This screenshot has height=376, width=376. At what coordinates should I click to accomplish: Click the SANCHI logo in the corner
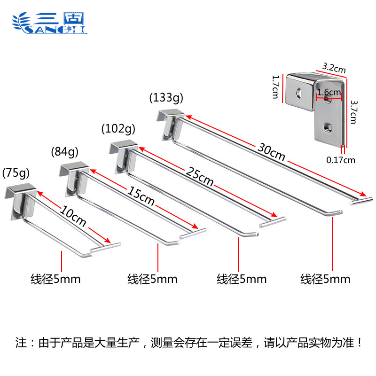[49, 23]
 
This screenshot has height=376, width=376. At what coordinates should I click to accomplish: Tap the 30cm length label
[271, 152]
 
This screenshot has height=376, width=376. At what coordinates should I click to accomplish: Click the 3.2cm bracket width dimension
[334, 68]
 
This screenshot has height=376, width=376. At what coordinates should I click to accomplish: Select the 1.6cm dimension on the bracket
[329, 92]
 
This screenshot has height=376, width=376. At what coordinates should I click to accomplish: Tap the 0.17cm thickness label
[341, 160]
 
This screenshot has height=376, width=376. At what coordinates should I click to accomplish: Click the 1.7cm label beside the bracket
[276, 87]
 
